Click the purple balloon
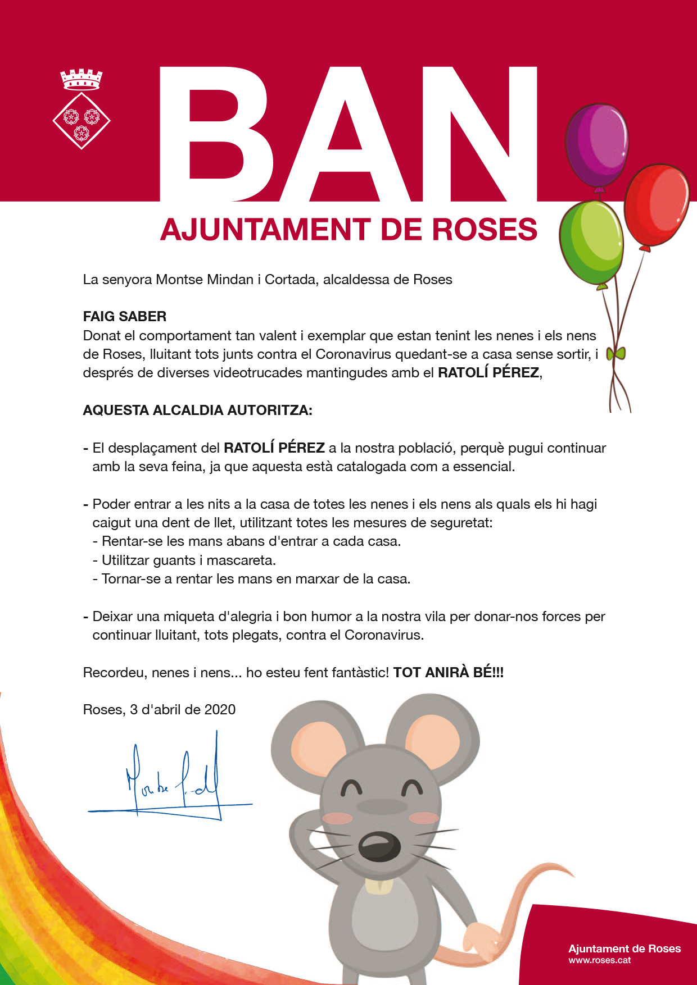click(x=596, y=145)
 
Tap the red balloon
click(x=657, y=205)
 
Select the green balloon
click(x=591, y=243)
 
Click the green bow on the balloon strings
click(x=616, y=354)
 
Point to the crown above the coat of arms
click(x=82, y=79)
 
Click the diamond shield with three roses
click(x=82, y=121)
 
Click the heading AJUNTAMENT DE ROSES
click(x=348, y=230)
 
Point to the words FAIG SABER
click(x=125, y=317)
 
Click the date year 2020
click(x=220, y=710)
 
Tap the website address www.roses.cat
click(x=599, y=960)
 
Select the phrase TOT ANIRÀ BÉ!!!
click(x=448, y=673)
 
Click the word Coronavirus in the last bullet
click(x=383, y=635)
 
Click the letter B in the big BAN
click(x=216, y=135)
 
